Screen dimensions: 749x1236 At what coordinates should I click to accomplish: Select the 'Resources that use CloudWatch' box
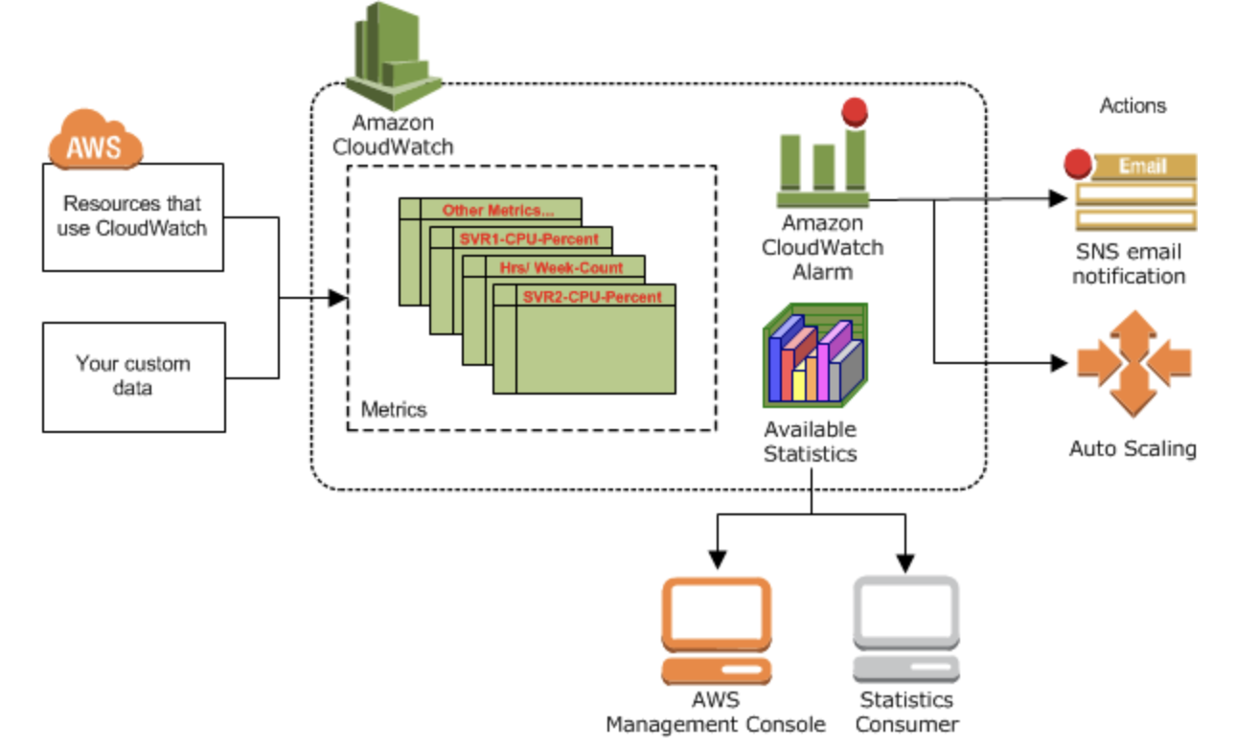pyautogui.click(x=133, y=216)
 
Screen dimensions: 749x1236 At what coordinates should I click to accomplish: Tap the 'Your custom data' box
pyautogui.click(x=133, y=376)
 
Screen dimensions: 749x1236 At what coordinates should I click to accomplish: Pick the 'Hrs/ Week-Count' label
pyautogui.click(x=561, y=267)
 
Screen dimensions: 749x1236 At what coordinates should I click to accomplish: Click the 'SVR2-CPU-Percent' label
pyautogui.click(x=592, y=297)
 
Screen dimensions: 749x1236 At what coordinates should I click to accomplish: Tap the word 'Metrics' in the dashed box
pyautogui.click(x=394, y=410)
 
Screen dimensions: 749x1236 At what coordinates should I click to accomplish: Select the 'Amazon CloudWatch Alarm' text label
pyautogui.click(x=822, y=247)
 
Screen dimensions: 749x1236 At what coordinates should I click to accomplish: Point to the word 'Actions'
pyautogui.click(x=1133, y=105)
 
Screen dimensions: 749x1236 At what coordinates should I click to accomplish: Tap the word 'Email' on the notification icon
pyautogui.click(x=1143, y=167)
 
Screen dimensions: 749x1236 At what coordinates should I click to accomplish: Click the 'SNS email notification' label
pyautogui.click(x=1129, y=264)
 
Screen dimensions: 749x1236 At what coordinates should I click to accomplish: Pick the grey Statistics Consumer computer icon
pyautogui.click(x=905, y=628)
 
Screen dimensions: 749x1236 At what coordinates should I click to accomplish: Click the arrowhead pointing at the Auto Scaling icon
pyautogui.click(x=1059, y=363)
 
